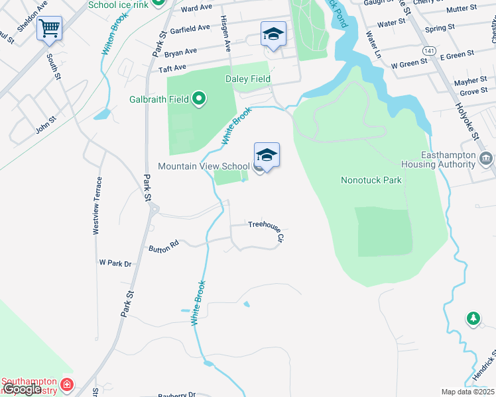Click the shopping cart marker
point(50,30)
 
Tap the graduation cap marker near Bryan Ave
point(273,34)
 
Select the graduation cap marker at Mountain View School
point(267,156)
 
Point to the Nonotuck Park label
point(371,179)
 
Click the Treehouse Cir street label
point(267,228)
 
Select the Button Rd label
point(164,245)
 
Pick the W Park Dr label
point(115,263)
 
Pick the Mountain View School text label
point(204,166)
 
